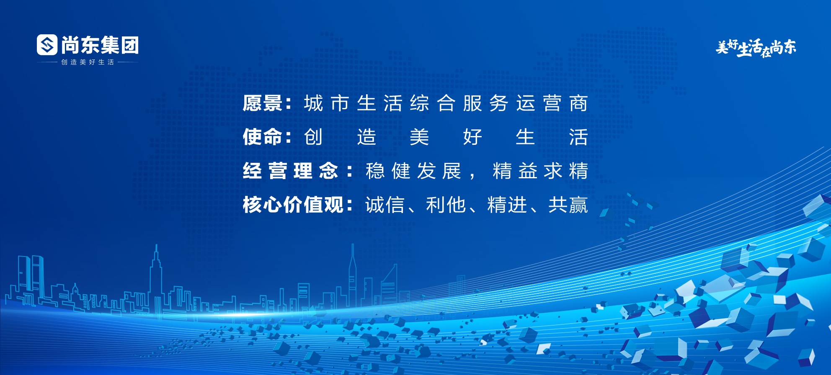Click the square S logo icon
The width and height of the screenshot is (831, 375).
tap(47, 45)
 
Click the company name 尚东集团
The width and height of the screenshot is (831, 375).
tap(100, 45)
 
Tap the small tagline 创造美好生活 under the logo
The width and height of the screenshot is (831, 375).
tap(88, 62)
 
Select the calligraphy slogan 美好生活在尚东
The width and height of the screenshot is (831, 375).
tap(756, 48)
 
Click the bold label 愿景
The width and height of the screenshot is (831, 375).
tap(263, 103)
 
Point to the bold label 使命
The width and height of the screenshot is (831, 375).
tap(263, 137)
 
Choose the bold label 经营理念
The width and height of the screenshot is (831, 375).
tap(290, 171)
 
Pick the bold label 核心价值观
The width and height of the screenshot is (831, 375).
tap(293, 205)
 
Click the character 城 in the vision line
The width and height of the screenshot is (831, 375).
tap(314, 103)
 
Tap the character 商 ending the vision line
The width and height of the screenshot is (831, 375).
tap(578, 103)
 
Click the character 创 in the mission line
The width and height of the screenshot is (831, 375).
tap(313, 137)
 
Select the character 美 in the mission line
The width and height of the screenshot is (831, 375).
tap(419, 137)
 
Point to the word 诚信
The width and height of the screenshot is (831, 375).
tap(385, 205)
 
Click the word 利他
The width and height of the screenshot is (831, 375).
tap(446, 205)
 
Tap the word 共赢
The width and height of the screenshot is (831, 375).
tap(568, 205)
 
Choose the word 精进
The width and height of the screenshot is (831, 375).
tap(507, 205)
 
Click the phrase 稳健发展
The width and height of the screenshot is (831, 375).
tap(413, 171)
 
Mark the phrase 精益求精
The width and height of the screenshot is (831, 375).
tap(541, 171)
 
